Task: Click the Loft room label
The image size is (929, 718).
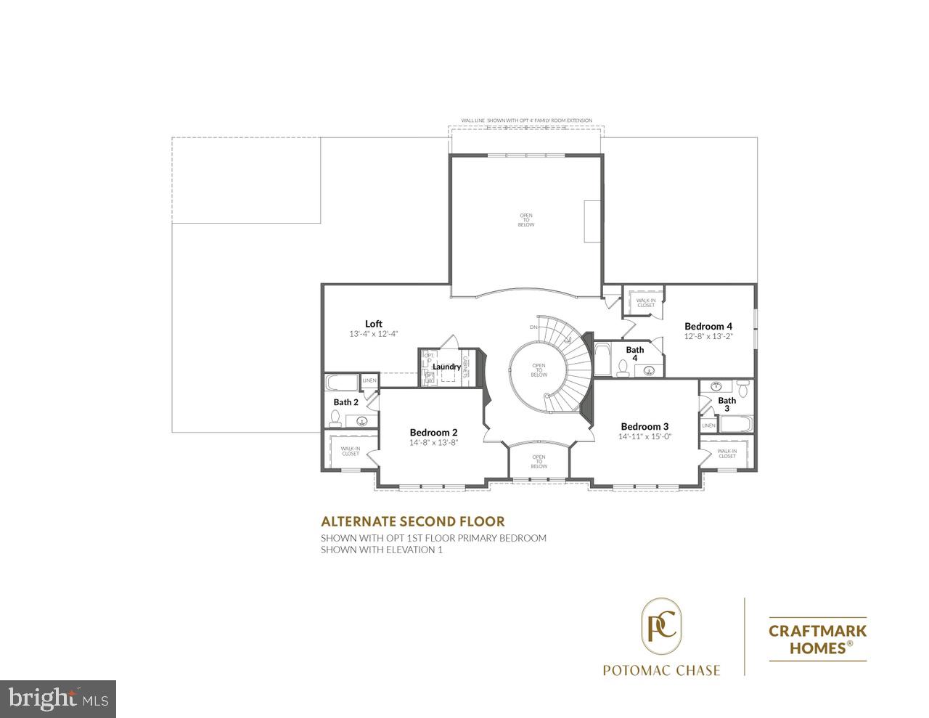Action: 373,324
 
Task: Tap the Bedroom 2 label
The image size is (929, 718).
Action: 433,432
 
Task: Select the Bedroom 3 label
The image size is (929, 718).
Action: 644,426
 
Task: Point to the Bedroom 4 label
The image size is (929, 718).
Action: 708,326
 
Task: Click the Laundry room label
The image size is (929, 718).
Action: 446,367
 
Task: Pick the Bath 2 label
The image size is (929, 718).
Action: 345,401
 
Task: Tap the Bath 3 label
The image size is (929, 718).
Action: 727,404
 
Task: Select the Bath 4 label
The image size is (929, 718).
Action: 634,354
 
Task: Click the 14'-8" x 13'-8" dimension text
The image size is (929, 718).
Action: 433,442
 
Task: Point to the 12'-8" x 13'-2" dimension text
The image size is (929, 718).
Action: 708,336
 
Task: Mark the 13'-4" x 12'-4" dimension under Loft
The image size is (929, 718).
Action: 373,334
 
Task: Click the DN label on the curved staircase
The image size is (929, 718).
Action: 533,327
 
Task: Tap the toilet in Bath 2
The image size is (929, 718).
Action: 335,417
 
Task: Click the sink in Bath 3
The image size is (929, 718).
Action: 716,387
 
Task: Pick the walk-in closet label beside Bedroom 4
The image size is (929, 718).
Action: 645,303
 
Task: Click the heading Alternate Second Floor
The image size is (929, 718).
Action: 412,521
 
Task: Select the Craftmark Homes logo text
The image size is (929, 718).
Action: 817,639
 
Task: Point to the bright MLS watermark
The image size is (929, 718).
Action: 58,698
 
